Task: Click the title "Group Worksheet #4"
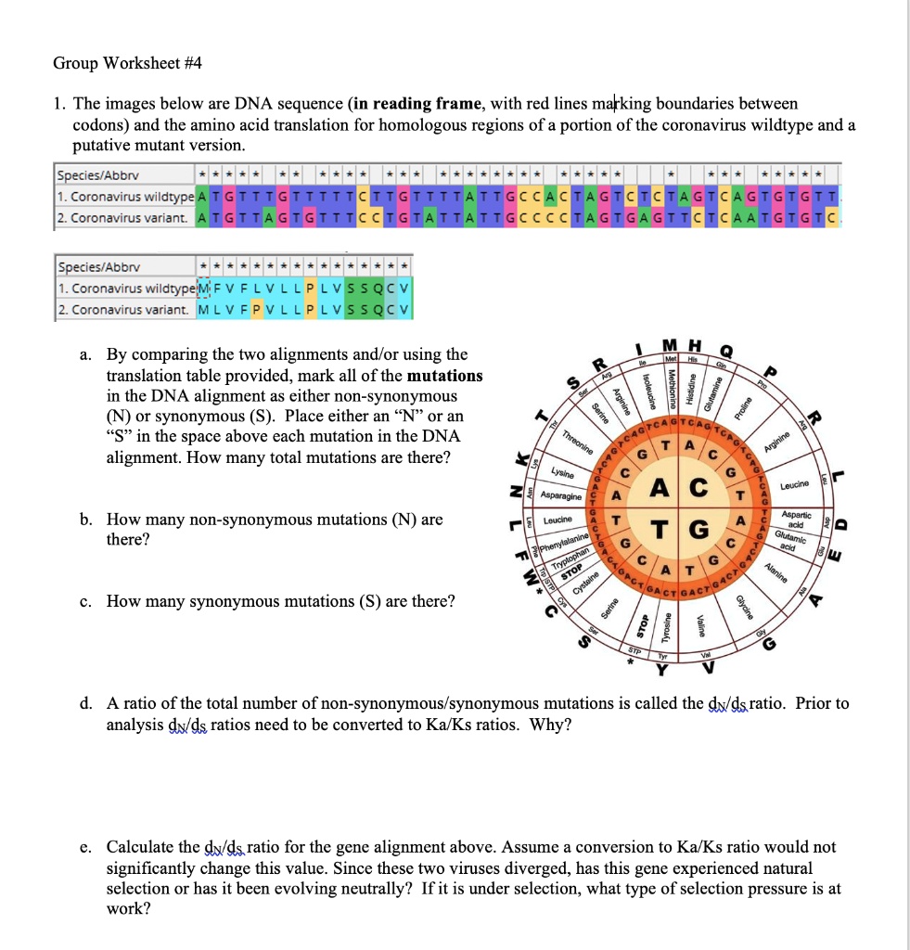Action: pyautogui.click(x=126, y=64)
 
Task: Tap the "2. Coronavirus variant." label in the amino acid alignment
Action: pyautogui.click(x=122, y=309)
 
